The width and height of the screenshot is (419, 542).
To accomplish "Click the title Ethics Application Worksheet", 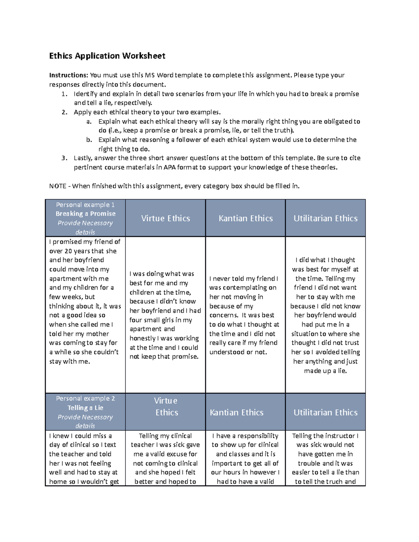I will click(x=107, y=56).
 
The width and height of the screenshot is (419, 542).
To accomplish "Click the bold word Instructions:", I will click(x=69, y=75).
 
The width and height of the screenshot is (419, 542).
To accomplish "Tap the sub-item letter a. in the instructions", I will click(x=89, y=121).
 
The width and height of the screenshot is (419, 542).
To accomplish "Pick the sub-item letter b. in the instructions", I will click(x=89, y=140).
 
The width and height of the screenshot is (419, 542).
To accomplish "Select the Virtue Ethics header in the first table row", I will click(x=166, y=218).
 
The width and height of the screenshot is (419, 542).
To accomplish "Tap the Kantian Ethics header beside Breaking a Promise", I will click(x=245, y=218).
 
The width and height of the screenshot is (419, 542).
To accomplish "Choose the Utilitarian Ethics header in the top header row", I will click(x=325, y=218).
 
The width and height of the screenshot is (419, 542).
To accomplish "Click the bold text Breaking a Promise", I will click(x=86, y=214).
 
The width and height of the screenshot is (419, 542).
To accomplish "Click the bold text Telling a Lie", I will click(x=86, y=408).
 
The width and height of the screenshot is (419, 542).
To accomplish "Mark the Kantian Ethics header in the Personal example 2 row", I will click(x=236, y=413).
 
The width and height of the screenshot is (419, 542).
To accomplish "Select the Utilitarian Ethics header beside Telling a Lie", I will click(x=325, y=413).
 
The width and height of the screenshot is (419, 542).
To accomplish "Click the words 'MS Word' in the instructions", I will click(x=159, y=75).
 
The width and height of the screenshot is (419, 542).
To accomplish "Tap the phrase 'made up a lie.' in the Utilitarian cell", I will click(x=325, y=371).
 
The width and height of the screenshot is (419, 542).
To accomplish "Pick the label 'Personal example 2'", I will click(x=86, y=399).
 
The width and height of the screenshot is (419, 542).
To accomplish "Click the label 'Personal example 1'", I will click(x=86, y=205).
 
